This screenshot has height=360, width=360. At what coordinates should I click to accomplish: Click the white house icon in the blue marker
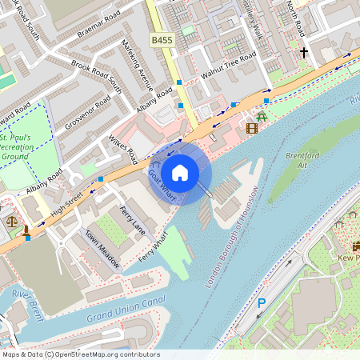[x=180, y=172]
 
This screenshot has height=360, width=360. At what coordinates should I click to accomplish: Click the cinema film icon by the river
[x=252, y=127]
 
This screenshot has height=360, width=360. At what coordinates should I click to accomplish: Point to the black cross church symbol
[x=303, y=53]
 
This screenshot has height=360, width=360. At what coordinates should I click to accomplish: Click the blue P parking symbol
[x=261, y=304]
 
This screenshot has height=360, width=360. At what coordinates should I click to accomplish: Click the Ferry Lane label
[x=132, y=219]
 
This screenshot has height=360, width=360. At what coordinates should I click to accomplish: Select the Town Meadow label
[x=103, y=250]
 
